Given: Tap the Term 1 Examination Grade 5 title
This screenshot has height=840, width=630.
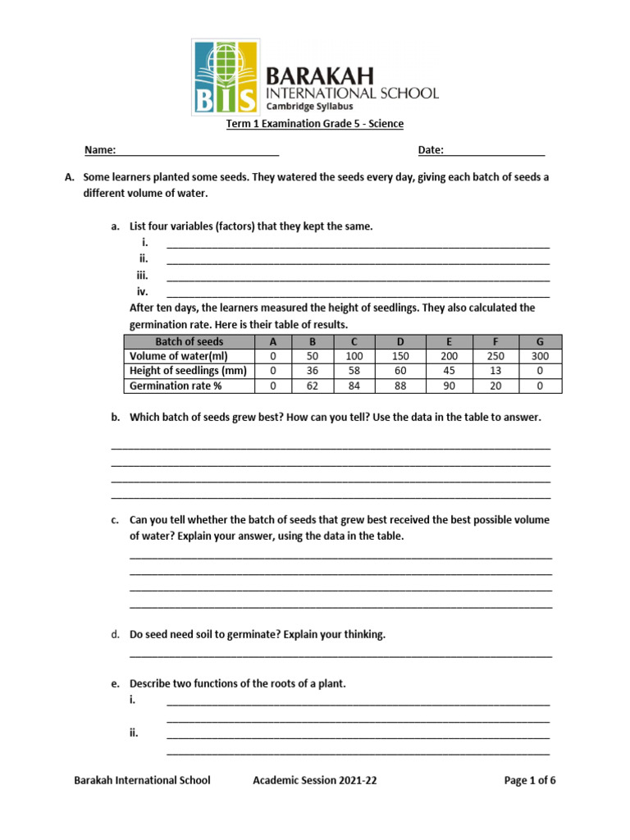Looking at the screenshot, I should [x=315, y=124].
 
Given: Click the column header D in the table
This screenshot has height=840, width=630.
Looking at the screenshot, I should [x=399, y=342].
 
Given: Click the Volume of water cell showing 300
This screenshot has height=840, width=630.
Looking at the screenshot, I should [x=540, y=357].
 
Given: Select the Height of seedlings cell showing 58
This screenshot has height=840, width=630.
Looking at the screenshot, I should [x=354, y=372].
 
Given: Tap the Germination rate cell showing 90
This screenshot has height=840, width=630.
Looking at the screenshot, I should [x=448, y=386].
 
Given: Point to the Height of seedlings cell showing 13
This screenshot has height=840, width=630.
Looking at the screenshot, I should [x=495, y=372].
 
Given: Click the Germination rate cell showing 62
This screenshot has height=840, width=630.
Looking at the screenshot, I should [x=312, y=386].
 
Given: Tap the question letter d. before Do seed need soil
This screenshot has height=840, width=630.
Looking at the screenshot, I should [x=115, y=635].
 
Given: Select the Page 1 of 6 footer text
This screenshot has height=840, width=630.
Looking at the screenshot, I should [x=529, y=781].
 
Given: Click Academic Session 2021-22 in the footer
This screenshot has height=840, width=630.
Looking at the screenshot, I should [x=315, y=781].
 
